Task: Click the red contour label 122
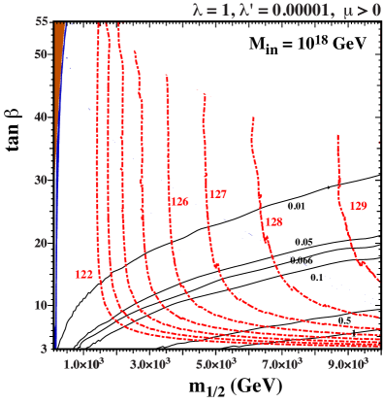coord(83,275)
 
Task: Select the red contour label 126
coord(179,202)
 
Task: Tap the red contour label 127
coord(218,194)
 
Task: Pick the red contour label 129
coord(358,206)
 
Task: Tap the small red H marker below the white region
coord(338,144)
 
